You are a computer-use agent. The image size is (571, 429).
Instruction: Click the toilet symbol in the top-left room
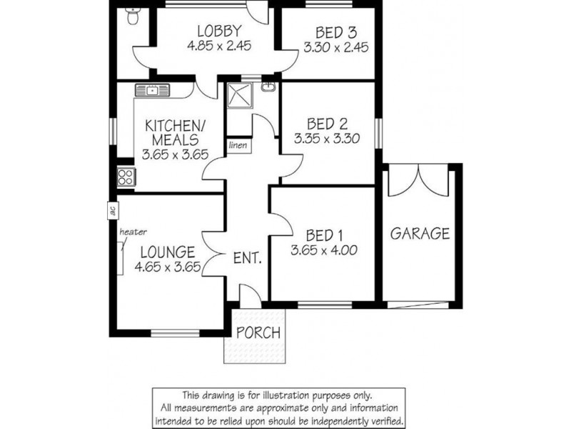pyautogui.click(x=131, y=16)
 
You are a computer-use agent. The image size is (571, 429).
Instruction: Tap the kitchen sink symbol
pyautogui.click(x=153, y=90)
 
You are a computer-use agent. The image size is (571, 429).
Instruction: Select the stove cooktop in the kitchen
pyautogui.click(x=126, y=175)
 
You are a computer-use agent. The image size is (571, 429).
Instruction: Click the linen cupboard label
pyautogui.click(x=238, y=145)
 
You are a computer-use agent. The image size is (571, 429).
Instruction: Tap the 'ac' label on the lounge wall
pyautogui.click(x=111, y=211)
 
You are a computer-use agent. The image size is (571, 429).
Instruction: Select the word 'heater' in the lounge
pyautogui.click(x=133, y=232)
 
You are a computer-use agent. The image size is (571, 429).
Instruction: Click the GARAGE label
pyautogui.click(x=420, y=233)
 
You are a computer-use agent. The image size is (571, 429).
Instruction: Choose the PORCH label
pyautogui.click(x=258, y=332)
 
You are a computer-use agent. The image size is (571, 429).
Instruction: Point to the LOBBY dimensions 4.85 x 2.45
pyautogui.click(x=219, y=45)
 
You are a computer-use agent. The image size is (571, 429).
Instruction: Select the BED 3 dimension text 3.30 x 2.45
pyautogui.click(x=325, y=45)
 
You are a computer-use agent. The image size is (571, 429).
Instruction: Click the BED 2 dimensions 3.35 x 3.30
pyautogui.click(x=325, y=138)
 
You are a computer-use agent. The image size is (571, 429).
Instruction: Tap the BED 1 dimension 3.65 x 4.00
pyautogui.click(x=323, y=250)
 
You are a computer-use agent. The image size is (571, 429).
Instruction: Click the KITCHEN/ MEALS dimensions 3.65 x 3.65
pyautogui.click(x=175, y=154)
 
